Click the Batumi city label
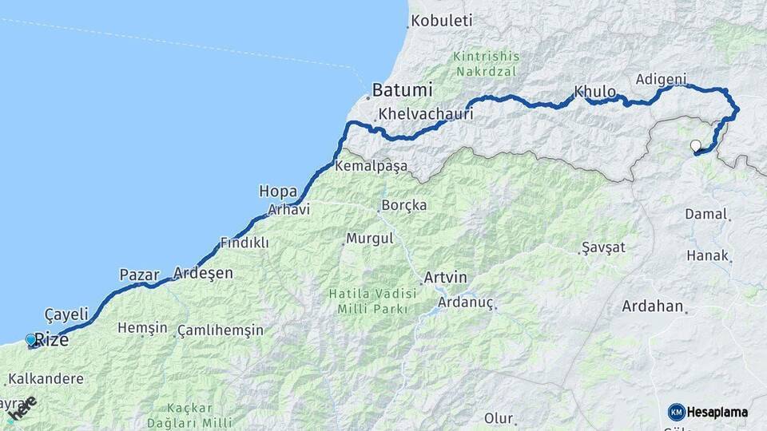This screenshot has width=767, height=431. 403,90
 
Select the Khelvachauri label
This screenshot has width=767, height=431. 426,113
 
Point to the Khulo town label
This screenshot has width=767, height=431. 595,92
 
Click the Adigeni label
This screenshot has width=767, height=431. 661,79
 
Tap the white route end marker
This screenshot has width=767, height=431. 696,145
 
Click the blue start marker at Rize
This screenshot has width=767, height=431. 31,339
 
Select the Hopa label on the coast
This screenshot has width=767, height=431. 278,192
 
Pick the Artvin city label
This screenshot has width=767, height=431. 445,278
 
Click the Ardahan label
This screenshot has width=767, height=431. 653,306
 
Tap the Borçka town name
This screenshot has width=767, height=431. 404,205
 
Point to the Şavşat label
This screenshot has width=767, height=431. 603,247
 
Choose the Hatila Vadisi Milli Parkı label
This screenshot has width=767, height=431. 368,301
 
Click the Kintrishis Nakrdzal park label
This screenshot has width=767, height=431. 486,64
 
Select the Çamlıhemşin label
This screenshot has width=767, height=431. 221,330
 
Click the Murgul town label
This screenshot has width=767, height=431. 369,239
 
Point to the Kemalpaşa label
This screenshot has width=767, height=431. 372,167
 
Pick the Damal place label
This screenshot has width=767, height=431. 706,214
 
